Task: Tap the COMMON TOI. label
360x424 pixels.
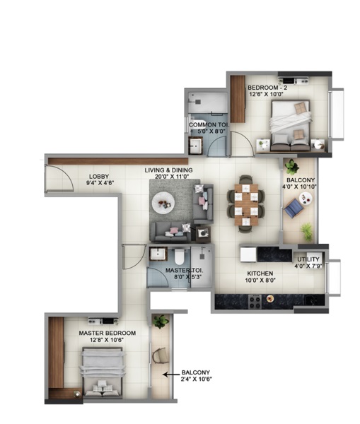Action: coord(207,125)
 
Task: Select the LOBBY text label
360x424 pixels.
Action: coord(98,177)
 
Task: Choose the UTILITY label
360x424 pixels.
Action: coord(308,259)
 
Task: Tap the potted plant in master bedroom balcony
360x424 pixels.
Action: coord(161,322)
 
